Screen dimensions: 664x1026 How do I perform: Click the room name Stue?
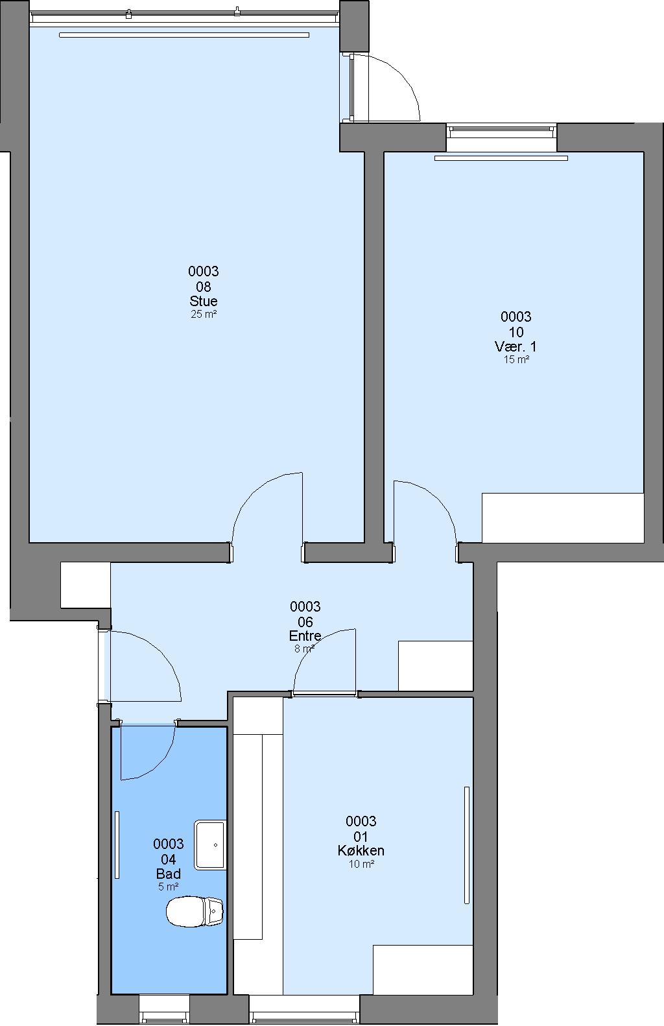point(204,301)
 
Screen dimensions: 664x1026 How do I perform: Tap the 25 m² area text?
point(204,314)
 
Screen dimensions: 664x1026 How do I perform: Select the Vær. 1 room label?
point(516,346)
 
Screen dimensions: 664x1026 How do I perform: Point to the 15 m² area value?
point(516,359)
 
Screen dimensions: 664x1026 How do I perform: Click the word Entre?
point(305,636)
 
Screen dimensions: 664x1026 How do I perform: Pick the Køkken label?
point(361,851)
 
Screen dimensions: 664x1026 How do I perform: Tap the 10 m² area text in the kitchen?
point(361,864)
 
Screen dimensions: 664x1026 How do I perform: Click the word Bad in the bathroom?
point(169,874)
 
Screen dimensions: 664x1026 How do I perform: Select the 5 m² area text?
point(169,887)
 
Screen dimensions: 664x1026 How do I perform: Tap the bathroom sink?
point(210,845)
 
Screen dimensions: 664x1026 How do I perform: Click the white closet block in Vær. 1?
point(563,518)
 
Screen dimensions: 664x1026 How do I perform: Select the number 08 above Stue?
point(204,287)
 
